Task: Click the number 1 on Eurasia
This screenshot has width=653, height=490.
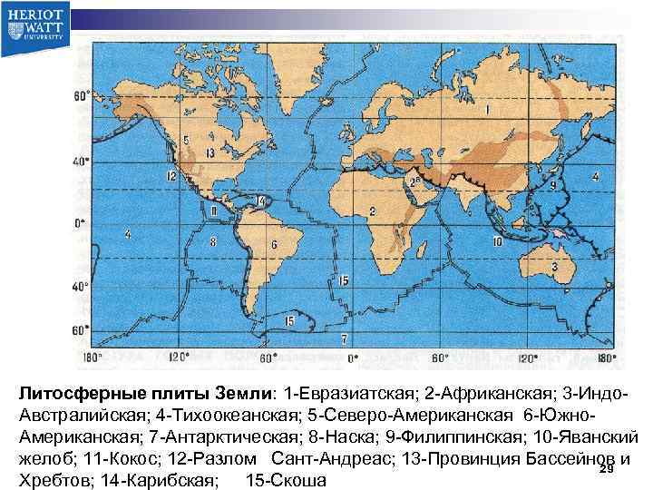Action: tap(487, 110)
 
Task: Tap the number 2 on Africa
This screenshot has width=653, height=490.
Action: tap(372, 211)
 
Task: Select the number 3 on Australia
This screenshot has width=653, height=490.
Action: tap(553, 268)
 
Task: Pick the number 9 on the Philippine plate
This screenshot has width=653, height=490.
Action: tap(552, 185)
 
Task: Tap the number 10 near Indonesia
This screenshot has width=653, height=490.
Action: tap(497, 242)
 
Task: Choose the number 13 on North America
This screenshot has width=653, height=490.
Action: tap(210, 152)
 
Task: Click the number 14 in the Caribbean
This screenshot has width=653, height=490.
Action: tap(261, 201)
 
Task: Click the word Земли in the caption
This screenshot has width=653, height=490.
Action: tap(238, 395)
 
